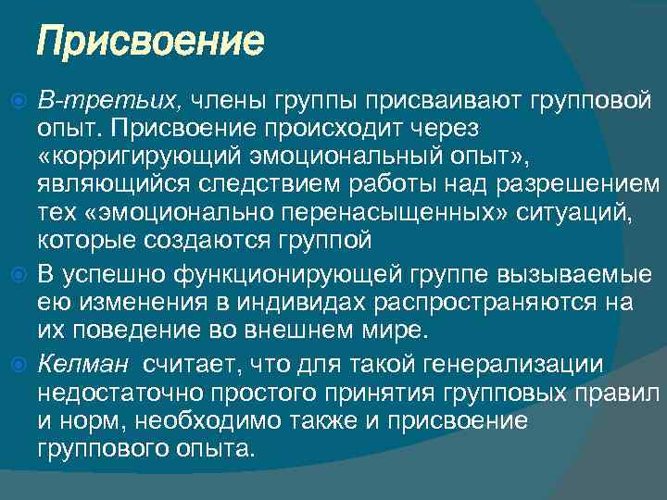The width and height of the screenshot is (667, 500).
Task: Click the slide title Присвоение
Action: [x=150, y=42]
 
